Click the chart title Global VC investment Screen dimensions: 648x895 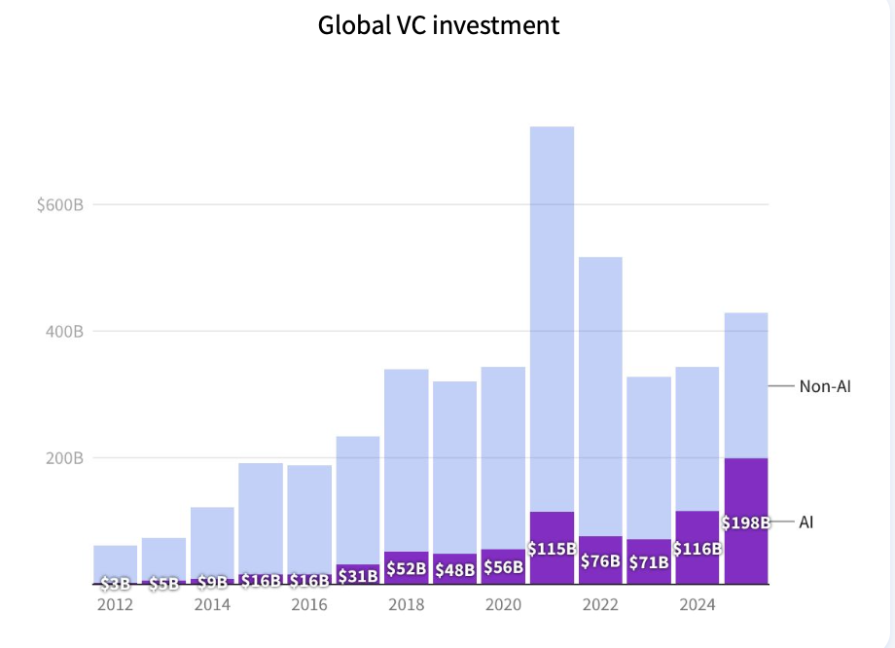[439, 24]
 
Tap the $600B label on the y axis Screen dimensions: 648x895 [61, 205]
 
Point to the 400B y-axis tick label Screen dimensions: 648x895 [65, 332]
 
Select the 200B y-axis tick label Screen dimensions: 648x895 [65, 458]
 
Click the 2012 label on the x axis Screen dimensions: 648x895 [115, 605]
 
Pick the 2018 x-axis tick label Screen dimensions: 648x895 [406, 605]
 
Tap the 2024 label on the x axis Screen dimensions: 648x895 [698, 605]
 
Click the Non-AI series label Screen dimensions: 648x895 [825, 386]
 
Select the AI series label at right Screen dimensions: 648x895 [805, 522]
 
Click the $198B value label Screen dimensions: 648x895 [746, 523]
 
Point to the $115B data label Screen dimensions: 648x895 [552, 549]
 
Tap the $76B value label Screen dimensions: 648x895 [600, 561]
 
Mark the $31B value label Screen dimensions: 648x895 [358, 576]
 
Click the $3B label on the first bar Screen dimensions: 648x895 [115, 584]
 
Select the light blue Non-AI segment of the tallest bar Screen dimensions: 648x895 [552, 311]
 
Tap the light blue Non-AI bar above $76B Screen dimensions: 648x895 [600, 389]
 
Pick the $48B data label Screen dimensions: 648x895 [455, 570]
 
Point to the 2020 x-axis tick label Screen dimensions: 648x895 [503, 605]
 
